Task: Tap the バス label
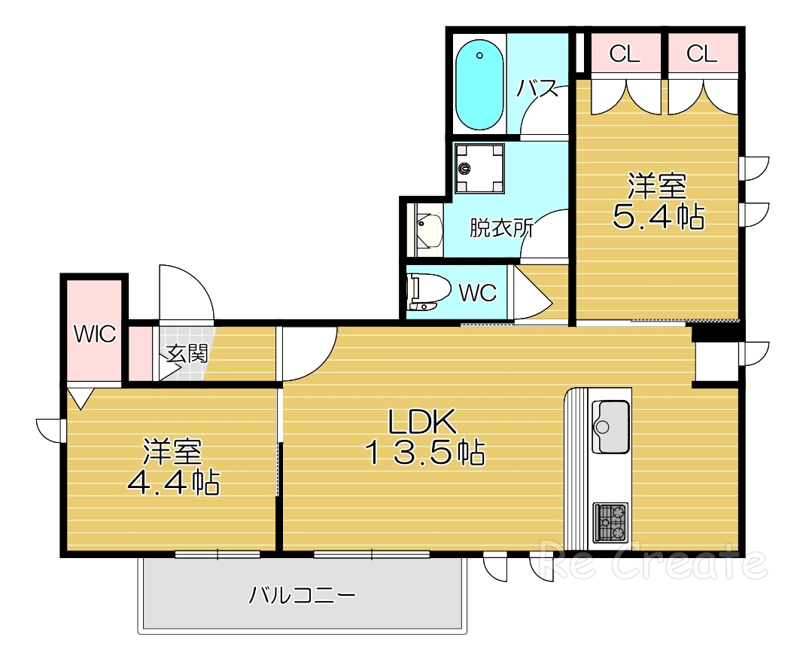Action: point(537,89)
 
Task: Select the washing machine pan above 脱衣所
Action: point(479,168)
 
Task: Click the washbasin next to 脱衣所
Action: point(429,230)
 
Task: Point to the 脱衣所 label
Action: point(501,228)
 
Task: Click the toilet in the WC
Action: point(427,291)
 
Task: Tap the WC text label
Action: point(478,293)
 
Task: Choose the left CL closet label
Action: point(625,53)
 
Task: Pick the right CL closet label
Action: point(701,53)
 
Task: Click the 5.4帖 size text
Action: point(658,218)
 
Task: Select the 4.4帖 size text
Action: point(173,483)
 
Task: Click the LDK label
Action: point(422,422)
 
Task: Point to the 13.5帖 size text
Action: point(425,453)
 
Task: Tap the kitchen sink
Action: point(610,426)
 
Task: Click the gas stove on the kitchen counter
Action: point(610,522)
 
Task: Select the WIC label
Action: point(95,334)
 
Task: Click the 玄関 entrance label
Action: point(187,353)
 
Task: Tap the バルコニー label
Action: point(303,596)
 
